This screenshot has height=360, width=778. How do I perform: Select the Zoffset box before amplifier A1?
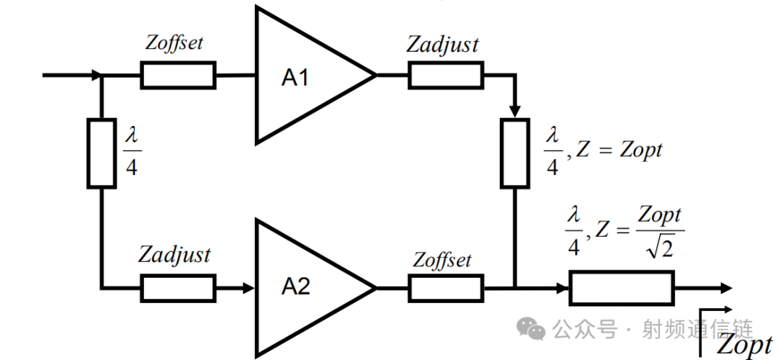click(x=178, y=76)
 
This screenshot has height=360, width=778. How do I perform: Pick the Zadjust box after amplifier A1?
click(x=446, y=76)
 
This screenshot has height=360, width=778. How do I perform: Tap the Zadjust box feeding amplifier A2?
click(x=178, y=288)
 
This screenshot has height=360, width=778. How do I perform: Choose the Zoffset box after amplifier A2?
click(x=446, y=288)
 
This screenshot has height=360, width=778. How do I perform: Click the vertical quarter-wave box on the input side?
click(x=102, y=153)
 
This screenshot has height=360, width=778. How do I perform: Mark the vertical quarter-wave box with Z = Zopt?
click(x=515, y=153)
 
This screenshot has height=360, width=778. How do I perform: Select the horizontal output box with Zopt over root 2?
click(x=621, y=287)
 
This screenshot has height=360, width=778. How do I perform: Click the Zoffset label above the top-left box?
click(x=174, y=42)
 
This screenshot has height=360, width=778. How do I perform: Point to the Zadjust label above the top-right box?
click(x=442, y=45)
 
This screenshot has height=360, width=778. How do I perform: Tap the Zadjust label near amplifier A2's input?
click(x=174, y=256)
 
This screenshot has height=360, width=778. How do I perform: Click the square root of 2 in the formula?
click(x=660, y=248)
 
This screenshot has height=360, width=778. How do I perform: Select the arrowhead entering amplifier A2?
click(x=248, y=288)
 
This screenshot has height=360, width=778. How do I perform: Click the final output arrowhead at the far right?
click(x=726, y=287)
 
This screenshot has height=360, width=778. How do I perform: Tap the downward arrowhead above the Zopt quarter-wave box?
click(x=515, y=112)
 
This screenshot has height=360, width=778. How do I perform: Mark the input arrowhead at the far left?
click(x=96, y=76)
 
